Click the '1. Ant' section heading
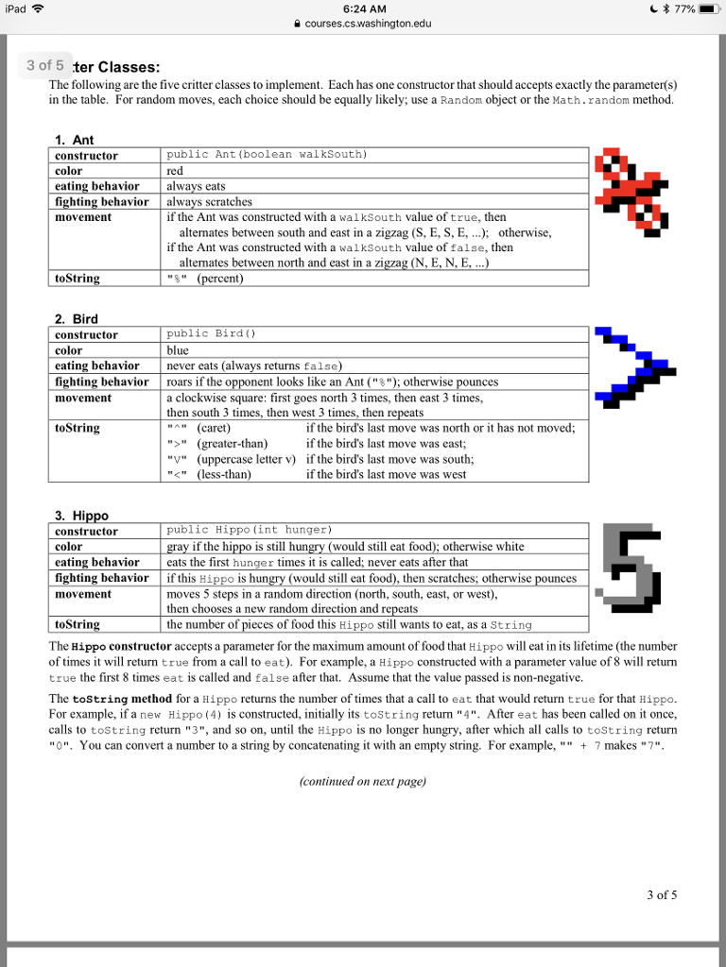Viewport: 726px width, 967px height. [x=75, y=140]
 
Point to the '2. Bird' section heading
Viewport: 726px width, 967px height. [x=76, y=319]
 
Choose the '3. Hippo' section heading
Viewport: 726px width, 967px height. [x=81, y=516]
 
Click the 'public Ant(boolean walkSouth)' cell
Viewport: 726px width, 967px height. [x=267, y=154]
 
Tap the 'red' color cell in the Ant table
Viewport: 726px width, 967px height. [x=175, y=171]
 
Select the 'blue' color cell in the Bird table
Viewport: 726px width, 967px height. [x=178, y=350]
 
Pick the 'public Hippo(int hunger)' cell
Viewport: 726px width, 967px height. [x=249, y=531]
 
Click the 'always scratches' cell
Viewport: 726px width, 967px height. [x=210, y=201]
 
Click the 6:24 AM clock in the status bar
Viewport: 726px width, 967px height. [x=362, y=9]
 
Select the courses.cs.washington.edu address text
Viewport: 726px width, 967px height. [x=368, y=24]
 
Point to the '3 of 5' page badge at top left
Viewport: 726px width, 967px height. [x=45, y=65]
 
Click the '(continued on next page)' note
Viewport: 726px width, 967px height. [x=362, y=781]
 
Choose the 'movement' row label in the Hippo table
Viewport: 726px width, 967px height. [x=83, y=594]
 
